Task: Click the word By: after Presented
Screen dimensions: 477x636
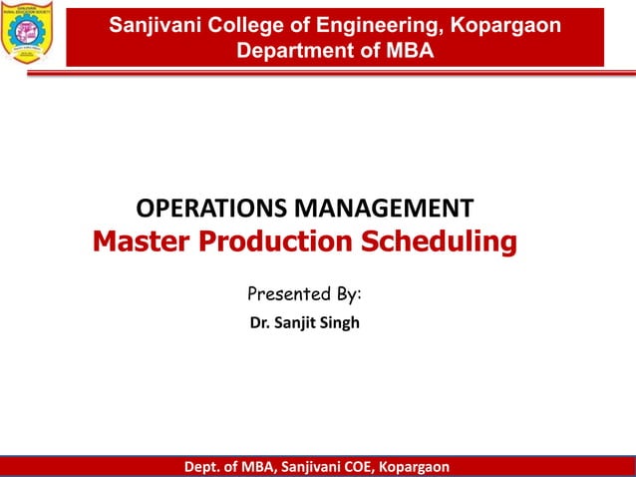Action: click(x=346, y=295)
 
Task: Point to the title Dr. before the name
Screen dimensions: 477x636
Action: click(x=257, y=324)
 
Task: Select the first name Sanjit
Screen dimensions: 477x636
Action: click(x=295, y=324)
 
